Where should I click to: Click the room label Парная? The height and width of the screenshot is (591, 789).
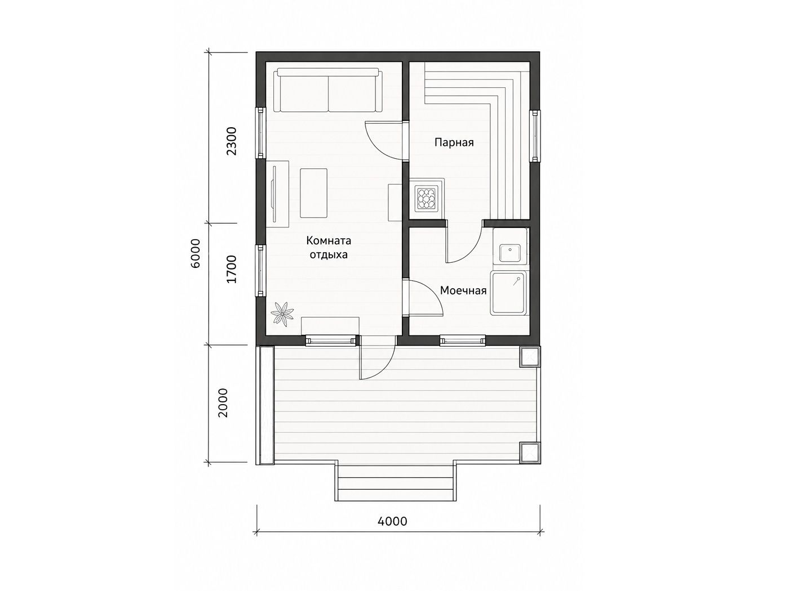(x=454, y=143)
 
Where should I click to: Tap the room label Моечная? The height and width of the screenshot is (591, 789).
(x=463, y=290)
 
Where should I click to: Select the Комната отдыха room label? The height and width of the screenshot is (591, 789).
(x=329, y=248)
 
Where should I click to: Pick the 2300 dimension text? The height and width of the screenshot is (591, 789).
(x=232, y=141)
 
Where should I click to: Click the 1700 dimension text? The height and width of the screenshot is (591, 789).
(x=232, y=269)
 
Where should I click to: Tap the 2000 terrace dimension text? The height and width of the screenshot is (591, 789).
(x=223, y=402)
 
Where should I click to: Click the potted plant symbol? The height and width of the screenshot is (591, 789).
(x=282, y=314)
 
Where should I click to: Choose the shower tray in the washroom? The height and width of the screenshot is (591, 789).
(x=509, y=293)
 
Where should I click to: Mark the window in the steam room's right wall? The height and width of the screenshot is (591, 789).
(x=535, y=136)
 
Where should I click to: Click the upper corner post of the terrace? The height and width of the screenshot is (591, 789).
(x=530, y=357)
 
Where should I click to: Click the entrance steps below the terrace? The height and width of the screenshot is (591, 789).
(x=396, y=482)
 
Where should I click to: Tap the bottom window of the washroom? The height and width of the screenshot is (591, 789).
(x=463, y=341)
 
